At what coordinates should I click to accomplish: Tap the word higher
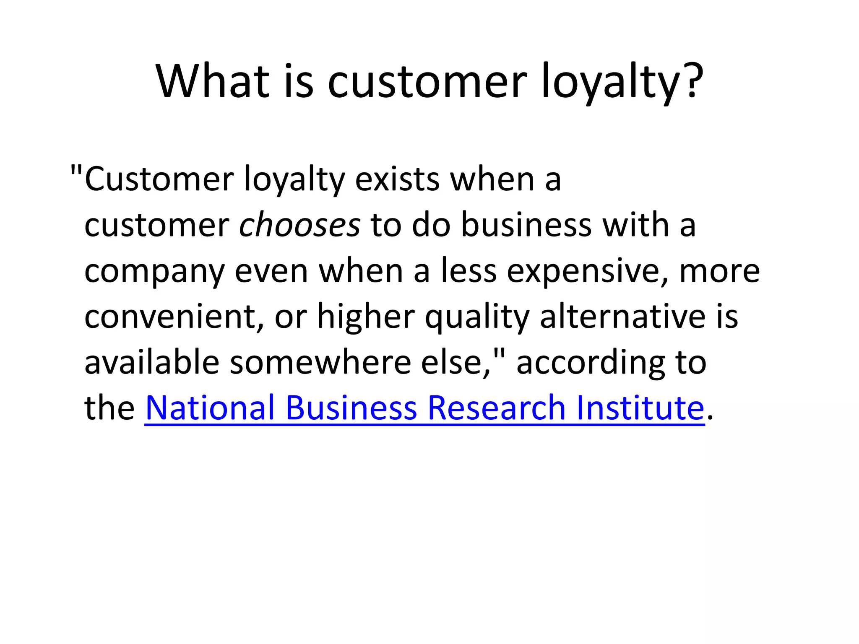[x=366, y=317]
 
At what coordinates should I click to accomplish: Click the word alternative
[x=622, y=317]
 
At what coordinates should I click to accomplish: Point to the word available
[x=152, y=362]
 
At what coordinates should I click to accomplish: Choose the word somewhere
[x=320, y=362]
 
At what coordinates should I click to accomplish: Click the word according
[x=590, y=363]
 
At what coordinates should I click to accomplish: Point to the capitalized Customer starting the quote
[x=159, y=179]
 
